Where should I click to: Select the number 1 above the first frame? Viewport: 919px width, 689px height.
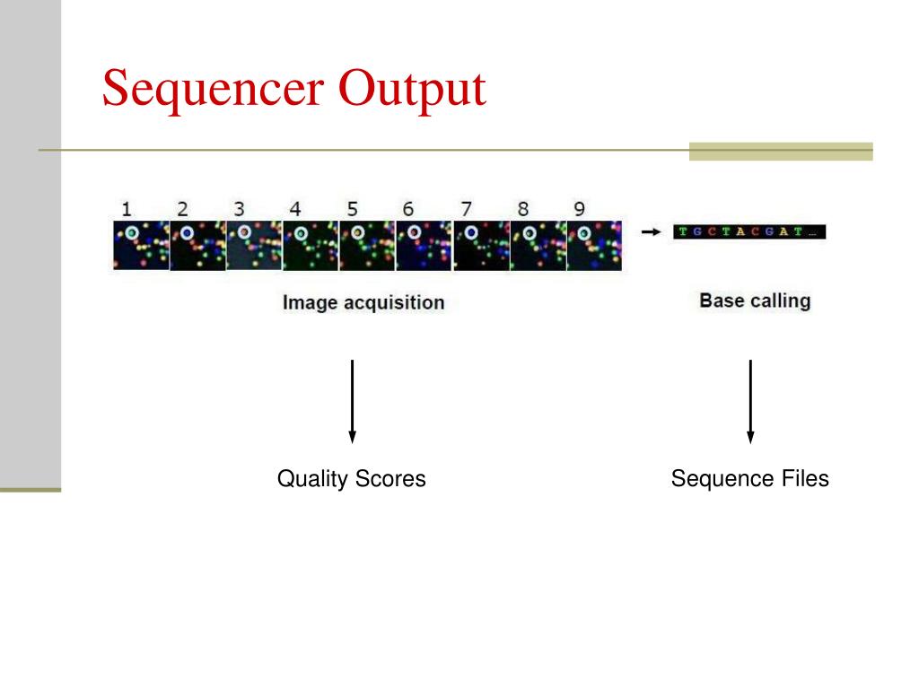tap(127, 209)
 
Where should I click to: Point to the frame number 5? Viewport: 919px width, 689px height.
tap(353, 209)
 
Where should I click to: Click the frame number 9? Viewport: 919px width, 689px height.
tap(579, 209)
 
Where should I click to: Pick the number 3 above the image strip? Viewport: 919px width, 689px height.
tap(240, 209)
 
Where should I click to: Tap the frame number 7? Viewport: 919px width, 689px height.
tap(466, 209)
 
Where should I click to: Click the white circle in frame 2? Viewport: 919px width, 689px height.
tap(188, 233)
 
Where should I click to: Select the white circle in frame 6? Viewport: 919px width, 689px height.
tap(414, 233)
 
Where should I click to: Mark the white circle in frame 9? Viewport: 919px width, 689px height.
tap(584, 234)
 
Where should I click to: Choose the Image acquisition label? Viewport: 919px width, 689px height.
tap(363, 302)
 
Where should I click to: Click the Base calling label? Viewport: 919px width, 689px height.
tap(755, 301)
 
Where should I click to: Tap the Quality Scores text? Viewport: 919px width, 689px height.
tap(352, 479)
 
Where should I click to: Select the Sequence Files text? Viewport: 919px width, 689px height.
tap(750, 479)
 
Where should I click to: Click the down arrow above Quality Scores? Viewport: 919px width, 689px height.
tap(352, 401)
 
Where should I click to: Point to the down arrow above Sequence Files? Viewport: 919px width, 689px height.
tap(750, 401)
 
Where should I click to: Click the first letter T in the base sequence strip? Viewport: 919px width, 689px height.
tap(683, 232)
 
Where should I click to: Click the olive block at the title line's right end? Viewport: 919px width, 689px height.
tap(781, 151)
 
